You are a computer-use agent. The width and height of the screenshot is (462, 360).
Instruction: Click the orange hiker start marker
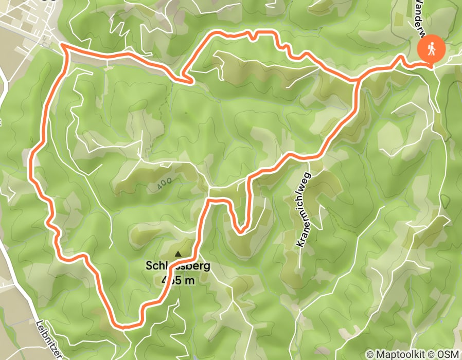pos(431,49)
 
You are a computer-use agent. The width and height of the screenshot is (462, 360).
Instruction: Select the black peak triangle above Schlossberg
pos(179,254)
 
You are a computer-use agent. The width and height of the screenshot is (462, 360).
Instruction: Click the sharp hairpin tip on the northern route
pos(192,81)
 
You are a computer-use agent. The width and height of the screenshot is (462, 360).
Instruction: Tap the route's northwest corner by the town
pos(63,46)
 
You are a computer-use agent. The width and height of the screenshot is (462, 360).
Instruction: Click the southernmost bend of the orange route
pos(123,326)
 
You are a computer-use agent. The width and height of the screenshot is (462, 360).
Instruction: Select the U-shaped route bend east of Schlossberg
pos(240,230)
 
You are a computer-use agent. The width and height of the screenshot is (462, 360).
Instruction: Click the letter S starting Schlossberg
pos(149,266)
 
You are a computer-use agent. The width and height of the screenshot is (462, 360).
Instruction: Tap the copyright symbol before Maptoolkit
pos(370,355)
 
